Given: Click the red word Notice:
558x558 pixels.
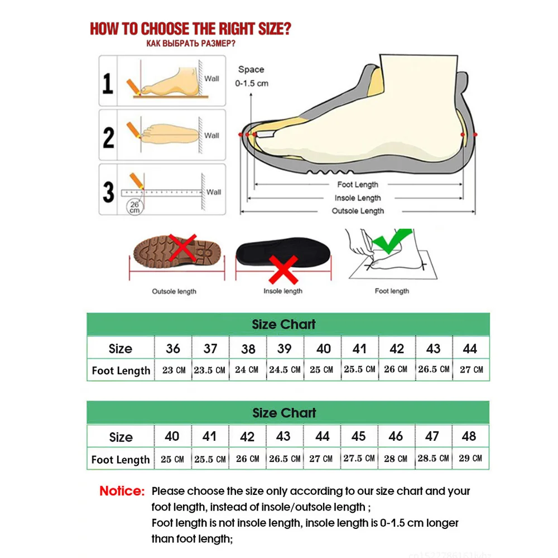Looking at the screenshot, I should coord(122,492).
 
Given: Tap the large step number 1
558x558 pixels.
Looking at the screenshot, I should coord(108,82).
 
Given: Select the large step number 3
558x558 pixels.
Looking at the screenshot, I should coord(108,190).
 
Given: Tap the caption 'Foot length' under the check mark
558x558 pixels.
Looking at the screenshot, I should coord(392,291).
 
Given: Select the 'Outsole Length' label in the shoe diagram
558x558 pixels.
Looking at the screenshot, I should coord(358,211).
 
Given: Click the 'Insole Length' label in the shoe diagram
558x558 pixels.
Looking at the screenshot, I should coord(358,198).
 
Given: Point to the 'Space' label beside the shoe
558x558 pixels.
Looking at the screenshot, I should coord(251,70).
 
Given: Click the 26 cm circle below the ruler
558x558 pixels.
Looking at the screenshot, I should coord(134,207).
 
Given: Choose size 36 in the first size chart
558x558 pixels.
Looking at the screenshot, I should coord(173,349).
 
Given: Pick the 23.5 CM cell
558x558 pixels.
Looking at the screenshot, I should coord(210,370).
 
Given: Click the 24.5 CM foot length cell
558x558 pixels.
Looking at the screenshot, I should coord(285,369).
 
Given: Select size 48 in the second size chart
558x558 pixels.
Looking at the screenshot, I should coord(469,436).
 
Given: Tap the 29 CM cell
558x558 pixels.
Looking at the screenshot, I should coord(469,458).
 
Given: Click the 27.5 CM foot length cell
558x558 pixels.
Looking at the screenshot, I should coord(359,458).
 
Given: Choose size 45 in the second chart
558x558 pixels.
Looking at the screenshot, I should coord(359,436).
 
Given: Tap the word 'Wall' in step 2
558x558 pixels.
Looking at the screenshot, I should coord(211,136).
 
